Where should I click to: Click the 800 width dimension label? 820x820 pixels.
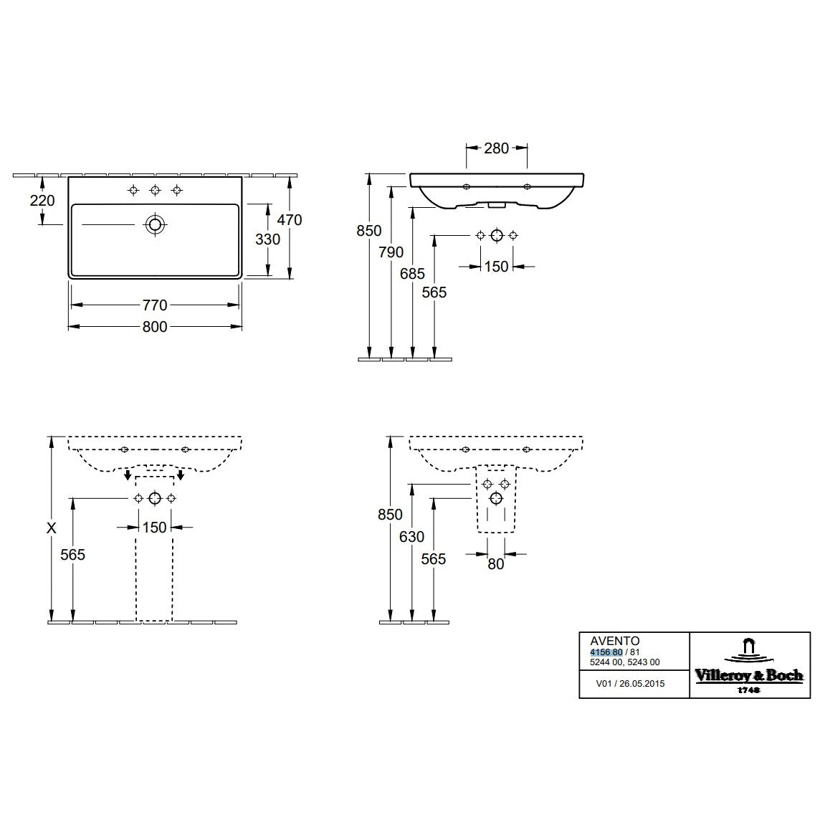pos(155,327)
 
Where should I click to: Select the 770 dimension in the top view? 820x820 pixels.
pos(155,305)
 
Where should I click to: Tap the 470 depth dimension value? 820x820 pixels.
pos(290,219)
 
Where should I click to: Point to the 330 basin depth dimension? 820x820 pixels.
pos(268,239)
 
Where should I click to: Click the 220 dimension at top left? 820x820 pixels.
pos(42,200)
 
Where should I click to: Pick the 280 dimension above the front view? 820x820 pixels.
pos(496,148)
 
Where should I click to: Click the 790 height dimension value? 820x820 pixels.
pos(391,252)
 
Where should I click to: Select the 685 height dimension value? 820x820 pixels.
pos(413,274)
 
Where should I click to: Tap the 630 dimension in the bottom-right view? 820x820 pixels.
pos(411,537)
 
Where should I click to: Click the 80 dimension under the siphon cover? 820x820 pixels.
pos(496,563)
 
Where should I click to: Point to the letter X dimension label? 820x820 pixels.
pos(52,528)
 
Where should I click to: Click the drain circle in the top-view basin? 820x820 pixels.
pos(155,225)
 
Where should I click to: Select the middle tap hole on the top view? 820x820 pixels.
pos(155,190)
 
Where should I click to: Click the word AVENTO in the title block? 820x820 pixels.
pos(615,641)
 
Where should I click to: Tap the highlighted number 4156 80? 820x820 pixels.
pos(606,652)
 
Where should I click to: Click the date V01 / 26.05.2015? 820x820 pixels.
pos(630,684)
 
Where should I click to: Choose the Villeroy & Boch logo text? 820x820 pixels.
pos(749,676)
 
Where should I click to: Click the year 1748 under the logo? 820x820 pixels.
pos(749,690)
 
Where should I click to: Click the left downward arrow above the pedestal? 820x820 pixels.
pos(128,475)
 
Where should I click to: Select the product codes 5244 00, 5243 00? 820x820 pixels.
pos(625,662)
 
